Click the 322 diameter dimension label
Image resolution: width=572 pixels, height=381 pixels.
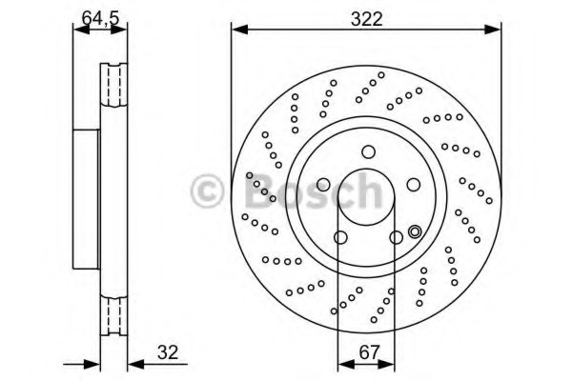[x=367, y=19]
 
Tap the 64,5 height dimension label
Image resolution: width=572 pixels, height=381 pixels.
[x=101, y=18]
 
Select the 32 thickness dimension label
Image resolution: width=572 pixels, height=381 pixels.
[x=168, y=352]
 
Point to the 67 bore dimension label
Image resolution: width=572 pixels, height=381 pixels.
[x=370, y=352]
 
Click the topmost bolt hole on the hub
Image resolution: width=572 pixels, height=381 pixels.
[x=368, y=151]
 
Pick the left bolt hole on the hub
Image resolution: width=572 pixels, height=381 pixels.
[x=323, y=185]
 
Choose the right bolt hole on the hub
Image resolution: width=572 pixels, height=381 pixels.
[x=414, y=185]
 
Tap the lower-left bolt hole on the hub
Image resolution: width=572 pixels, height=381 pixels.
[x=340, y=238]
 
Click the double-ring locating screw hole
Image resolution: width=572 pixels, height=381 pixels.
[x=415, y=231]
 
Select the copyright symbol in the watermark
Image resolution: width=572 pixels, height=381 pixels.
[x=207, y=190]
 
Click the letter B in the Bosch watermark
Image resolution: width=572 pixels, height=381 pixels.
[x=260, y=190]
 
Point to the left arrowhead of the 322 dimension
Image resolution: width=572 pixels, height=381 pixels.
[x=239, y=30]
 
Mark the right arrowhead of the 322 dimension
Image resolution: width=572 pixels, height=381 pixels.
[x=493, y=30]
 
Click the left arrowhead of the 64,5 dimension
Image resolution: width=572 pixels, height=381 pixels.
[x=81, y=30]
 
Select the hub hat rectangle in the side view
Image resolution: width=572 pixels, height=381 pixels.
[x=87, y=199]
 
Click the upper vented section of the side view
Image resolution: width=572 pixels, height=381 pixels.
[x=113, y=85]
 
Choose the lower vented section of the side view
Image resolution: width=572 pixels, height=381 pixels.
[x=113, y=315]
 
